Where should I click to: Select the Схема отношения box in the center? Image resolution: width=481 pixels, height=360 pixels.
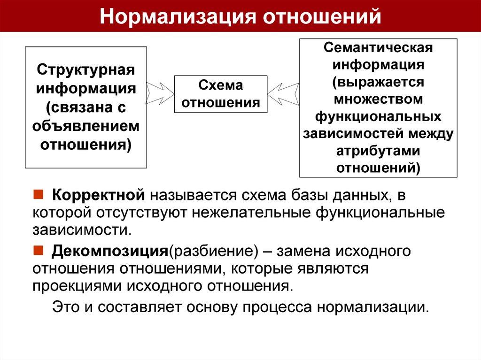coord(221,94)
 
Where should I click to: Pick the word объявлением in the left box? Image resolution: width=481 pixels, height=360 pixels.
coord(86,126)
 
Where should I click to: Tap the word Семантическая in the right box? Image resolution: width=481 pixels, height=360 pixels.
coord(378,47)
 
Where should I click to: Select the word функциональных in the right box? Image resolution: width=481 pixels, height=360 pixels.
coord(378,116)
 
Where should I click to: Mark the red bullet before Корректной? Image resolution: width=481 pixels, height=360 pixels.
coord(38,194)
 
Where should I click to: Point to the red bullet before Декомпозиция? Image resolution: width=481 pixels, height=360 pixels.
coord(38,250)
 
